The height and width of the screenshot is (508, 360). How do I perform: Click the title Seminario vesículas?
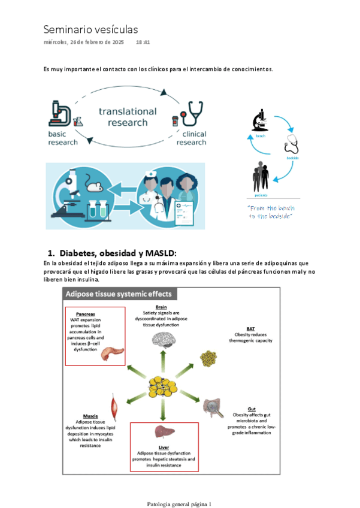90,29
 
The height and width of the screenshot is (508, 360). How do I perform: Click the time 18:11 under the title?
143,43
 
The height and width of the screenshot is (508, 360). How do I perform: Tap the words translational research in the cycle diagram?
128,117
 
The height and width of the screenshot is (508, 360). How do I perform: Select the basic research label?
63,138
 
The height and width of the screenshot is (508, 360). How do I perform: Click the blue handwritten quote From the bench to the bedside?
270,211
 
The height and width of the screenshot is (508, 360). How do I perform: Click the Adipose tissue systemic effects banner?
120,294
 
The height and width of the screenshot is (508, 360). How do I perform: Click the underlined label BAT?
250,329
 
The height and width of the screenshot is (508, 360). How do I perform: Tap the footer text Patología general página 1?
180,504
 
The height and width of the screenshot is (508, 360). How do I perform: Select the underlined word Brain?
161,307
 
